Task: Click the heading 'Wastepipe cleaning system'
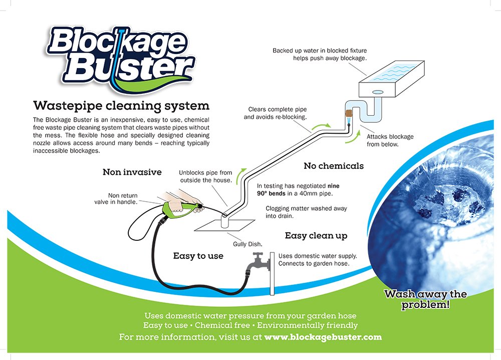coord(121,106)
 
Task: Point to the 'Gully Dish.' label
coord(248,244)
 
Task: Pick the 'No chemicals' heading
coord(334,166)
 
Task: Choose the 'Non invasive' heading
coord(132,172)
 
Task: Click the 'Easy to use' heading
coord(198,256)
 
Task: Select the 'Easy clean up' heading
coord(316,236)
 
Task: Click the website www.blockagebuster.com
coord(323,337)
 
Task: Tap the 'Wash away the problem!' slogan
coord(425,299)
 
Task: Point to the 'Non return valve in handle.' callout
coord(123,199)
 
